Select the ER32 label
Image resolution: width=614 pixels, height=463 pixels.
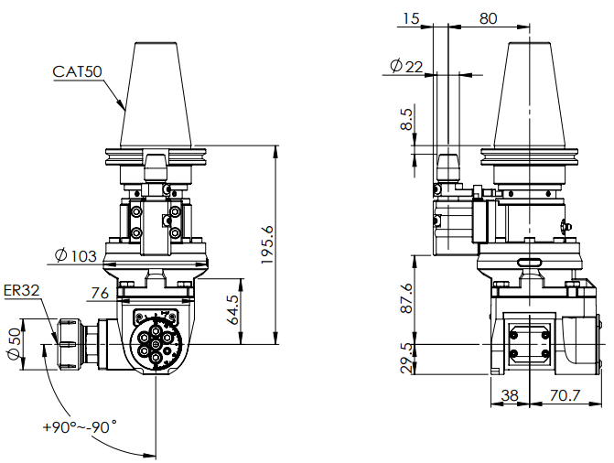tap(21, 291)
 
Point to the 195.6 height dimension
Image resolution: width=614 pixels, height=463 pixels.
tap(266, 244)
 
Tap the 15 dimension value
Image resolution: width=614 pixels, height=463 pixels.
tap(411, 17)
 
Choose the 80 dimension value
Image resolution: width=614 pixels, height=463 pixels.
tap(488, 17)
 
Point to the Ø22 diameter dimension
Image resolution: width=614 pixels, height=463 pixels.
tap(406, 66)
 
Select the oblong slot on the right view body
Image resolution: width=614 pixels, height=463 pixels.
tap(530, 262)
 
